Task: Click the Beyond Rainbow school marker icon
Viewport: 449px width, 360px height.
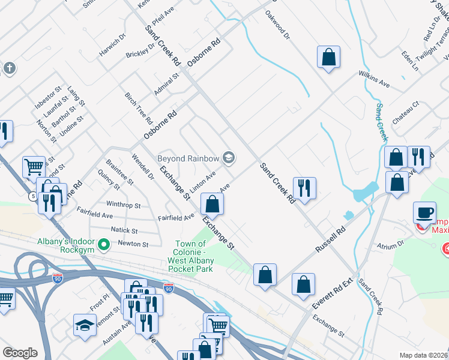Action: point(228,158)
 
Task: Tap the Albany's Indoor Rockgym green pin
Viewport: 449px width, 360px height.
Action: point(104,244)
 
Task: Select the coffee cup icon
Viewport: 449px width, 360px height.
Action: point(424,213)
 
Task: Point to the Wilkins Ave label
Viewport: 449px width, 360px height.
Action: point(374,81)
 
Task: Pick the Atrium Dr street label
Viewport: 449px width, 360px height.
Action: point(391,244)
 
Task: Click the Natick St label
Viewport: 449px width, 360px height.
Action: point(124,230)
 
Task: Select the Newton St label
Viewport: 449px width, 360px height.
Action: point(133,244)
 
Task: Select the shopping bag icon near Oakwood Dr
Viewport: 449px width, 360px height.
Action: point(328,58)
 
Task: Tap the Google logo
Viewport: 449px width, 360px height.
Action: point(20,353)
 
